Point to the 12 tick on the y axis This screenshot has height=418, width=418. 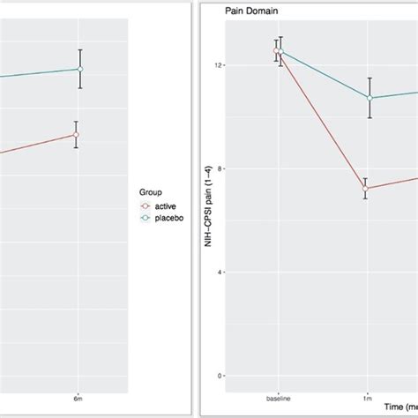[218, 66]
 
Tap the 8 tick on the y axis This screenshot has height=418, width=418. [220, 169]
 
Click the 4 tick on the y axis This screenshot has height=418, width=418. [220, 272]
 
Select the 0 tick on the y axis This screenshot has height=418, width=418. [220, 376]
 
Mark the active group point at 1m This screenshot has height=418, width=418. [365, 189]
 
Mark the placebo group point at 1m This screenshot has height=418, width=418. [370, 98]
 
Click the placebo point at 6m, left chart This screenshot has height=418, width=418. [80, 69]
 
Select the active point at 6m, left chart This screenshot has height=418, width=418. [77, 135]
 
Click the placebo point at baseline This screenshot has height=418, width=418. [281, 50]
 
